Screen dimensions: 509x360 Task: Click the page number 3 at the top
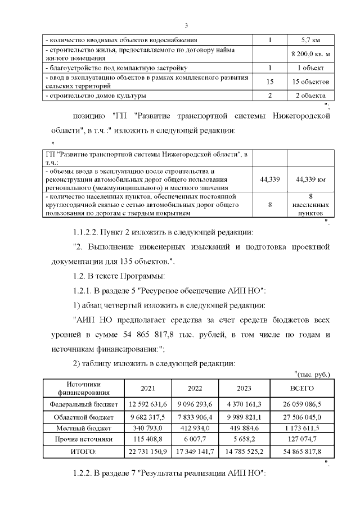186,25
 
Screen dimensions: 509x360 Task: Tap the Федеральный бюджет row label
84,404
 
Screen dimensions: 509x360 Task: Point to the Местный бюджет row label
84,428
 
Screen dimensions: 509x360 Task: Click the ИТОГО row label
84,451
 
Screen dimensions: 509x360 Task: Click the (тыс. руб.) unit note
312,375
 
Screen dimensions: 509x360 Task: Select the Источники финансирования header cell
84,388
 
